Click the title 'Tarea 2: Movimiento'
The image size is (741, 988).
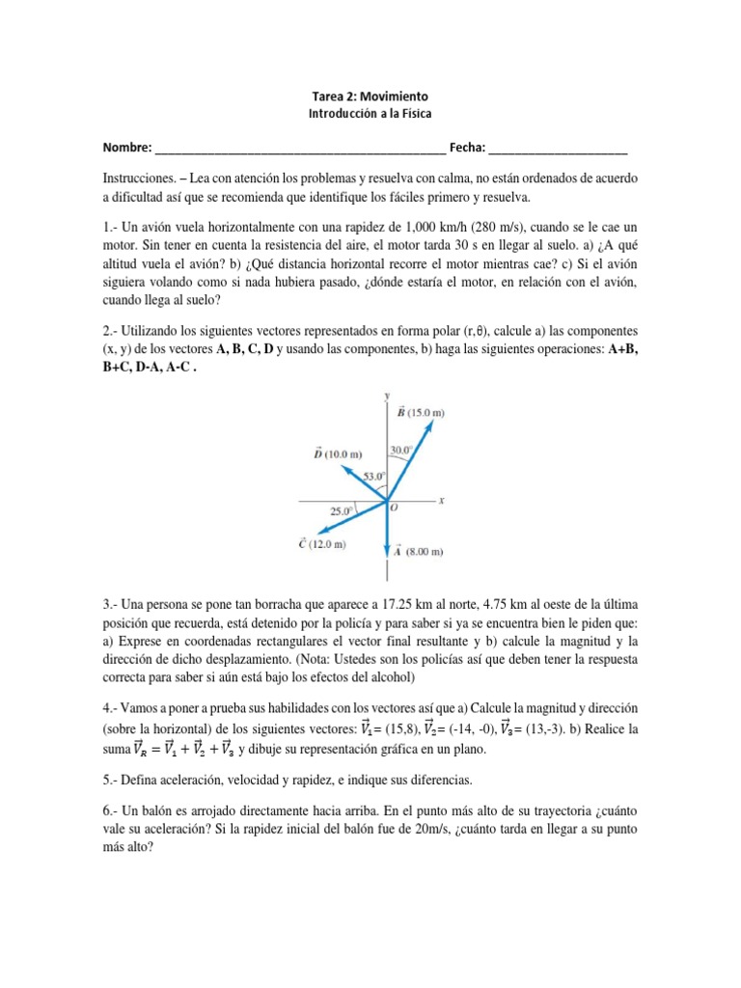(370, 96)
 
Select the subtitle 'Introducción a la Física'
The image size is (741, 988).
(370, 113)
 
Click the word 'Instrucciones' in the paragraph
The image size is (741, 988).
(141, 179)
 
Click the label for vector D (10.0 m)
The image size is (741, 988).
(337, 453)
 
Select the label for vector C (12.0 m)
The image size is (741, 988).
(324, 544)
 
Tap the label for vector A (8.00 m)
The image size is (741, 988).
(417, 552)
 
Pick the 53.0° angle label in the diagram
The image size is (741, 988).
(374, 476)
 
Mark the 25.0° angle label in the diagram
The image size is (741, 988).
(341, 509)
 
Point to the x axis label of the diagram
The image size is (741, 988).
(441, 500)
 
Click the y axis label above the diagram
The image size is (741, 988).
(386, 396)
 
